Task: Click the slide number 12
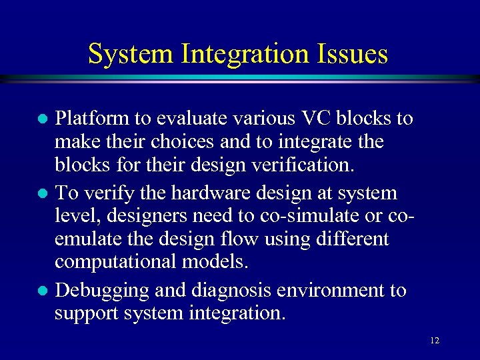pyautogui.click(x=435, y=341)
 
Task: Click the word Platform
pyautogui.click(x=92, y=119)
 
